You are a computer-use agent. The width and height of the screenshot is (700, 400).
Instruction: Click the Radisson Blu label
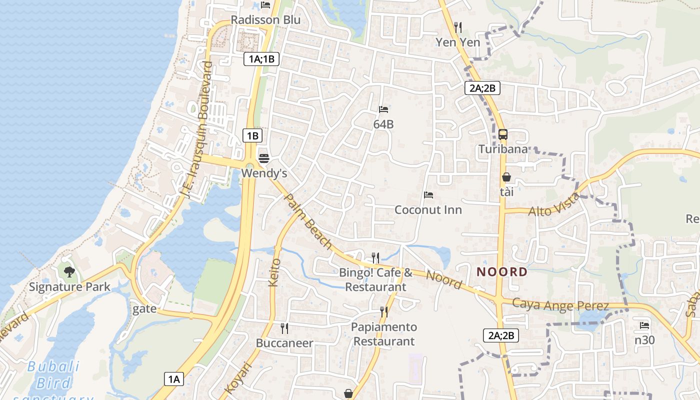[265, 20]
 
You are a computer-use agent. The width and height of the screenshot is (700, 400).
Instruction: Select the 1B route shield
[252, 135]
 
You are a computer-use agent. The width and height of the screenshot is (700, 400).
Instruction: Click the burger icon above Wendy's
[264, 158]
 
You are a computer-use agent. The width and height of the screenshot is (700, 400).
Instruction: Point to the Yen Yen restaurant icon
[457, 27]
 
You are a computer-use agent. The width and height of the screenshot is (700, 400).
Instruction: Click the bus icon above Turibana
[503, 134]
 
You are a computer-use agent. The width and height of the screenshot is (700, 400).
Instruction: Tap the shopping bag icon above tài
[506, 177]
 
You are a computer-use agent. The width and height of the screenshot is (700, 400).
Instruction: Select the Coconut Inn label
[428, 209]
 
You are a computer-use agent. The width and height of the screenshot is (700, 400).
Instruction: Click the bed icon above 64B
[383, 109]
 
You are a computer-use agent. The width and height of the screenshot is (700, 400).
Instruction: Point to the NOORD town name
[502, 272]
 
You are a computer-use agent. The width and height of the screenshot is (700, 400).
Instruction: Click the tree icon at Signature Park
[69, 272]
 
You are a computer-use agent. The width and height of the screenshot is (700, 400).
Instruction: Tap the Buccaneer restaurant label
[284, 343]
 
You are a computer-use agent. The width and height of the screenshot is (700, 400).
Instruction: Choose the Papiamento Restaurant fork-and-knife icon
[384, 312]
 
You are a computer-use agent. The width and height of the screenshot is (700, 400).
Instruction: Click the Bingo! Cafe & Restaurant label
[375, 280]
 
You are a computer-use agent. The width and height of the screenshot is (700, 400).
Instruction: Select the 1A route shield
[174, 379]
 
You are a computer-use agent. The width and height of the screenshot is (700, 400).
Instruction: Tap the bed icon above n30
[644, 325]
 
